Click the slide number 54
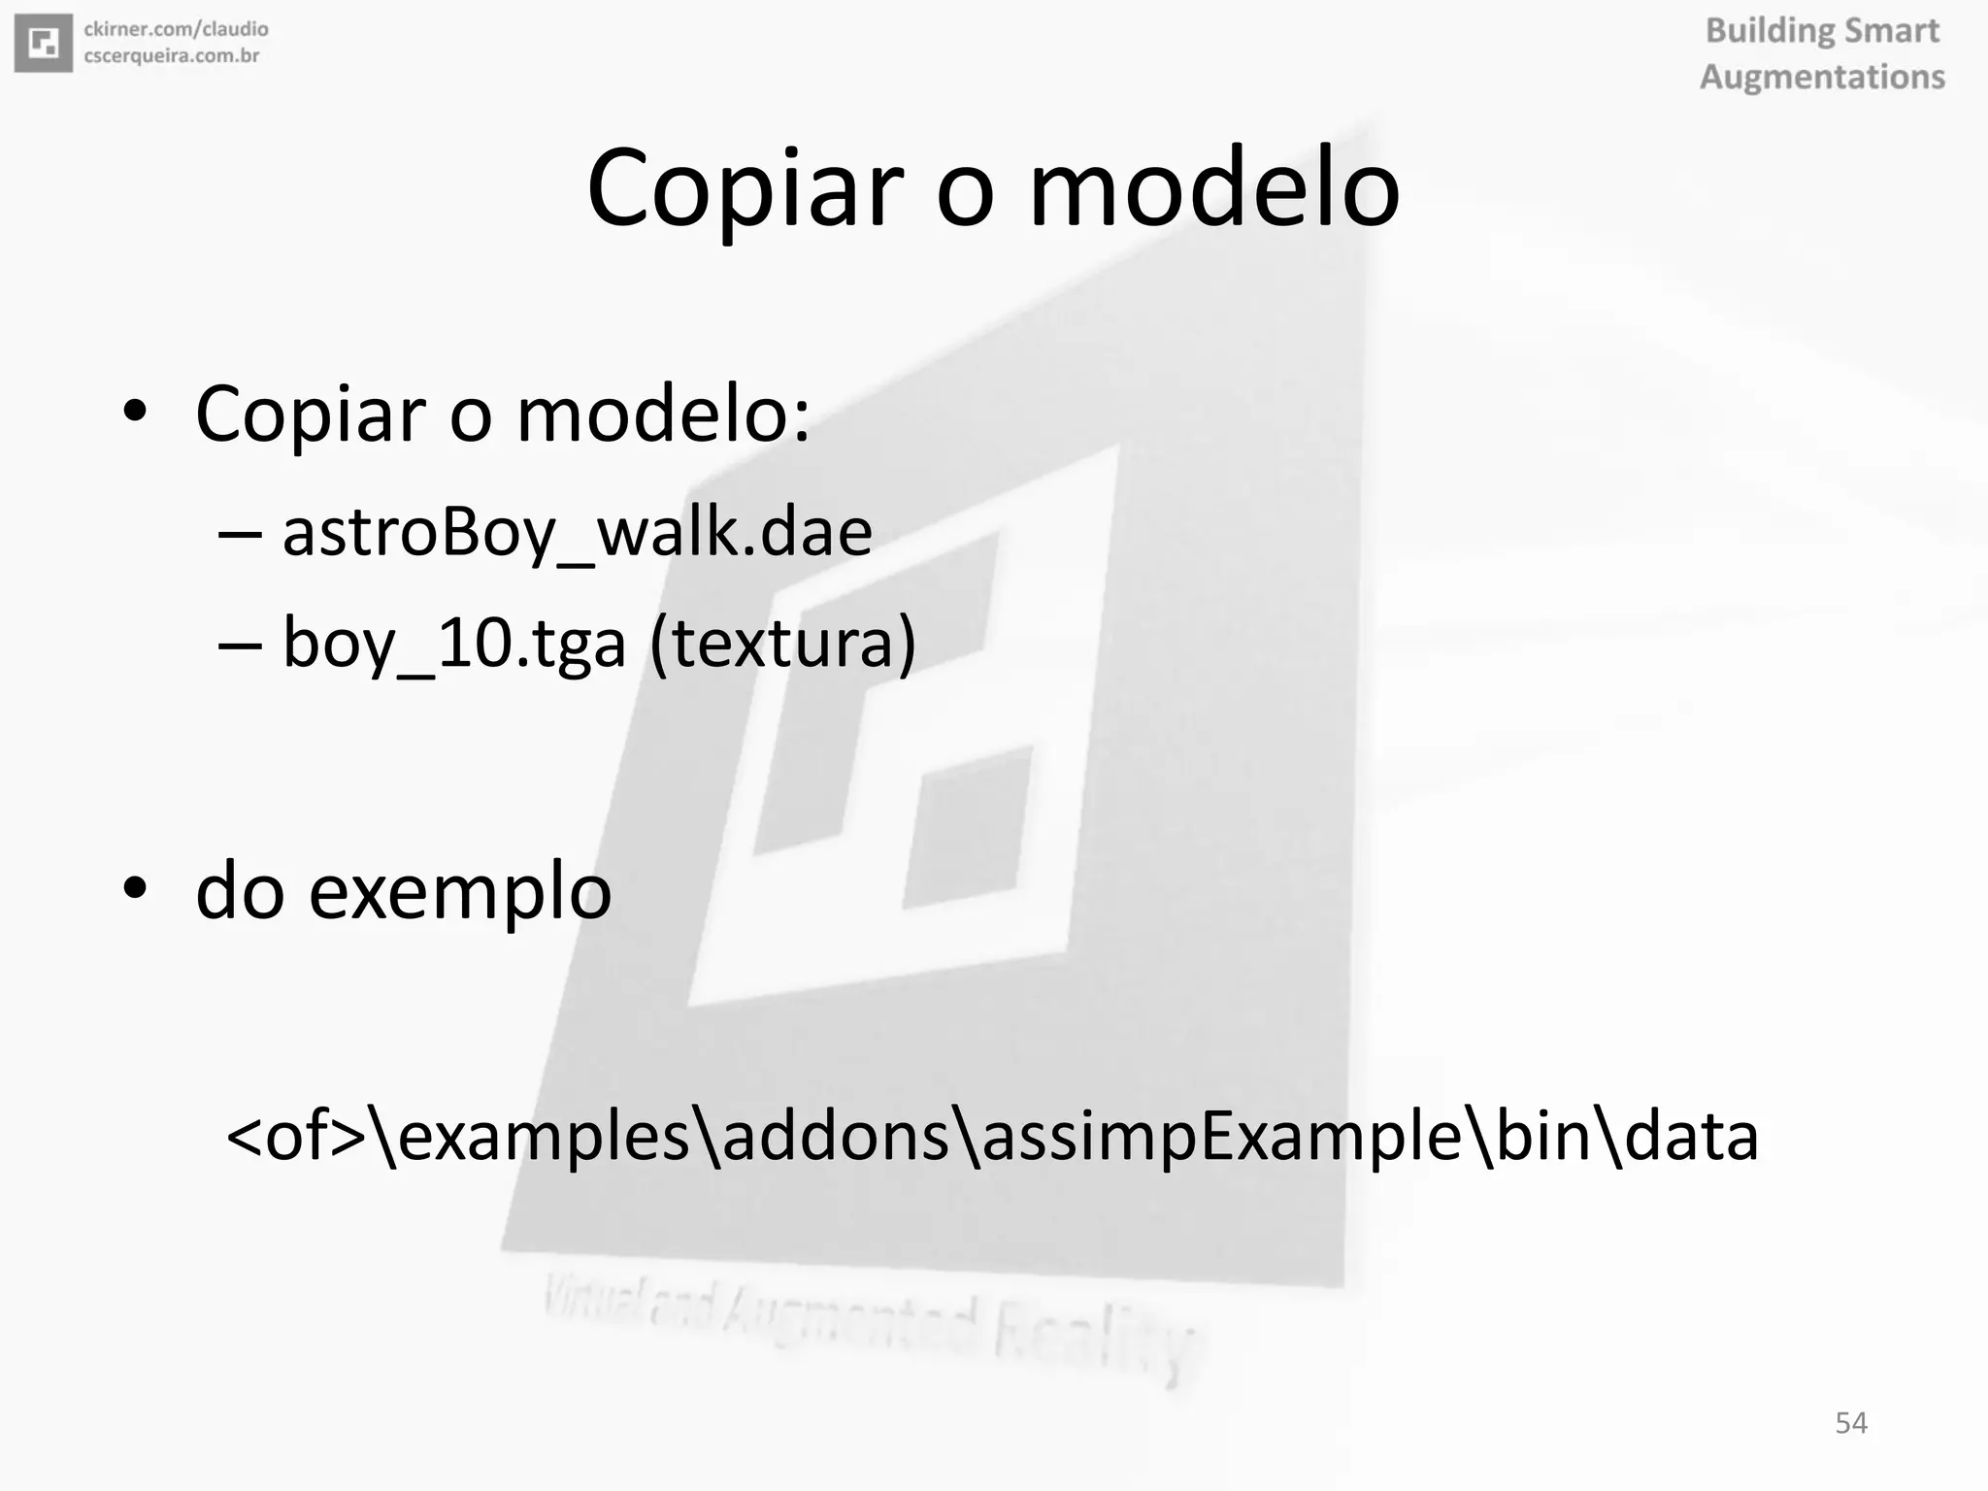[1850, 1423]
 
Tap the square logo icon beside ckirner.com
[44, 44]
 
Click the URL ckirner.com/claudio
[176, 29]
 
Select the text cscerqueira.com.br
[172, 56]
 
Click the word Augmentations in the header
[1822, 77]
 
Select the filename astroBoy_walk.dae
[577, 532]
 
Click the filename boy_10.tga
[454, 643]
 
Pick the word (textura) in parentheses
[782, 643]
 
